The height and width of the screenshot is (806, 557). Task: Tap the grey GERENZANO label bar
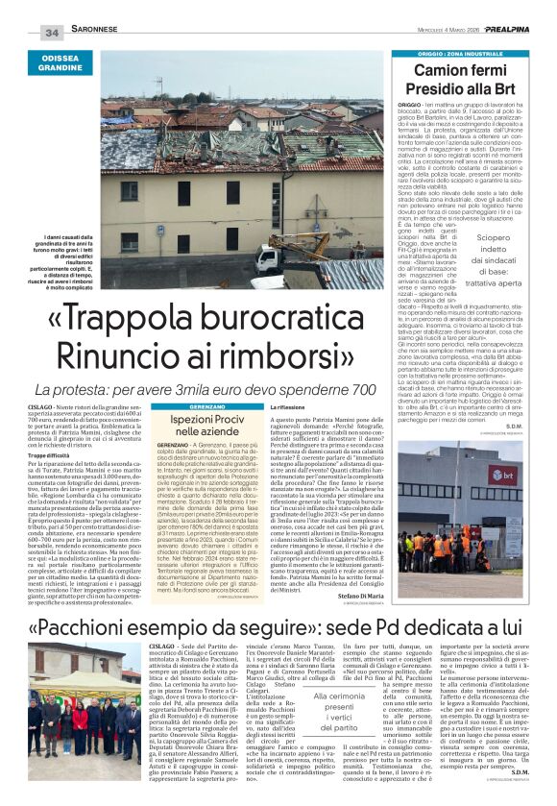coord(206,407)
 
